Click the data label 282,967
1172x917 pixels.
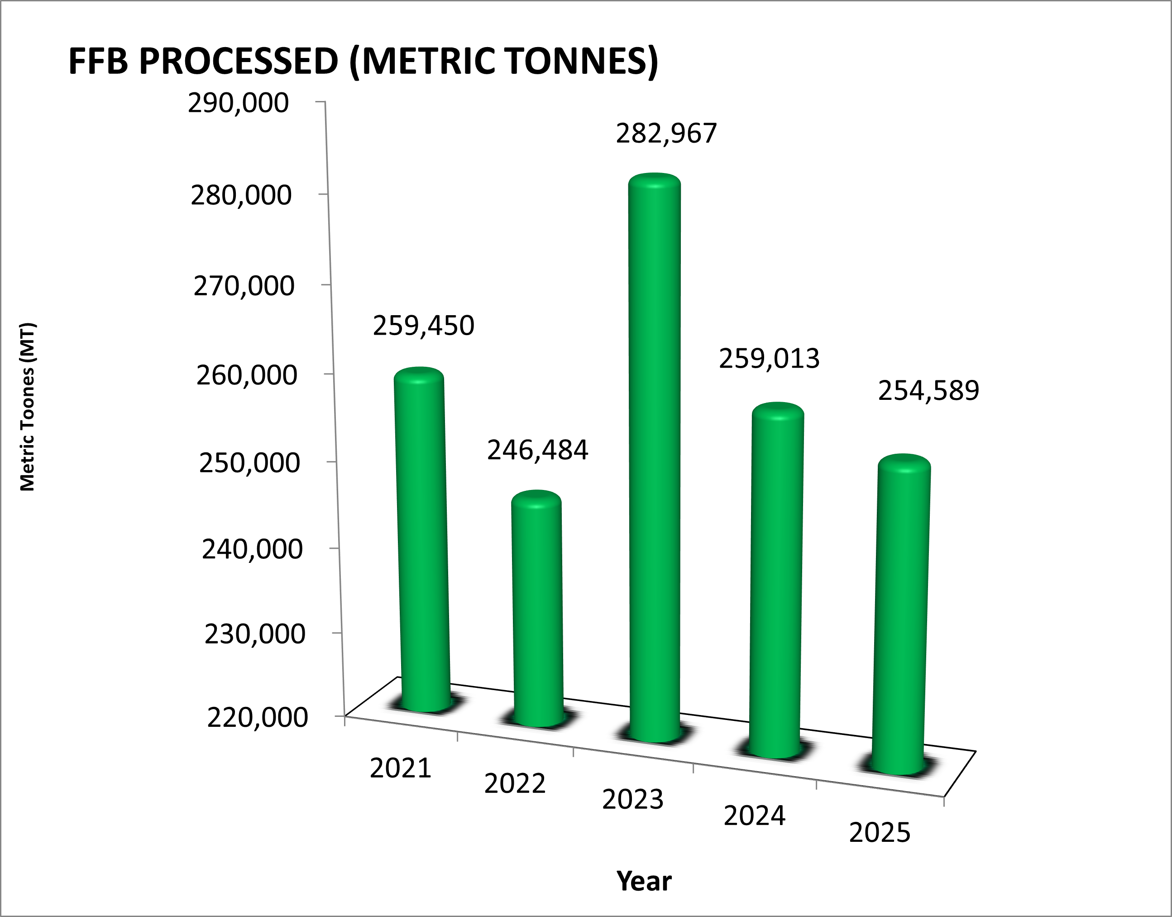pos(666,134)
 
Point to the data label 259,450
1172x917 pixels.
pos(423,326)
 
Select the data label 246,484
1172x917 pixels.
pos(537,450)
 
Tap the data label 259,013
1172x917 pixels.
pos(769,359)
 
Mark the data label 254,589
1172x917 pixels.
pos(928,391)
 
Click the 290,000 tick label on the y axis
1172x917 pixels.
pos(238,103)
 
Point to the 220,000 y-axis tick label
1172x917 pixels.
pos(258,718)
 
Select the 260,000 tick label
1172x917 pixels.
pos(246,375)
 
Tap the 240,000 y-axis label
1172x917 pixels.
pos(252,549)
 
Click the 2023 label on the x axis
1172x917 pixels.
pos(633,799)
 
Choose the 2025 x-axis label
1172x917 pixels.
pos(880,833)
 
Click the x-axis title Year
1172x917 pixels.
pos(644,882)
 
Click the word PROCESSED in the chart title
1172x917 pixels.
pos(238,61)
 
